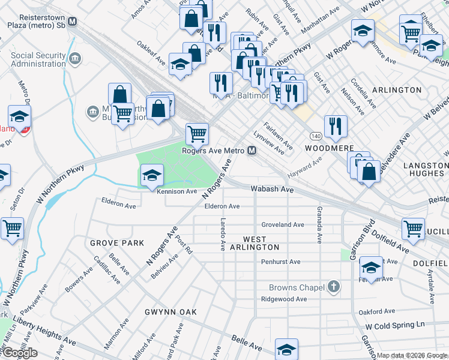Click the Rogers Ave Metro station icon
click(x=251, y=151)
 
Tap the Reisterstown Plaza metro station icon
click(x=73, y=22)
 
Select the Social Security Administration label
click(x=38, y=60)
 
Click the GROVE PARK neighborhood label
click(x=117, y=243)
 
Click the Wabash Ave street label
click(x=273, y=189)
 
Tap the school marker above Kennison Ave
click(x=152, y=175)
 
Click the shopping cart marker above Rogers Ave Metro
click(x=196, y=134)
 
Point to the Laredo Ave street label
click(x=222, y=234)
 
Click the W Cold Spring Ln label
click(x=395, y=325)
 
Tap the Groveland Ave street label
click(x=282, y=224)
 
